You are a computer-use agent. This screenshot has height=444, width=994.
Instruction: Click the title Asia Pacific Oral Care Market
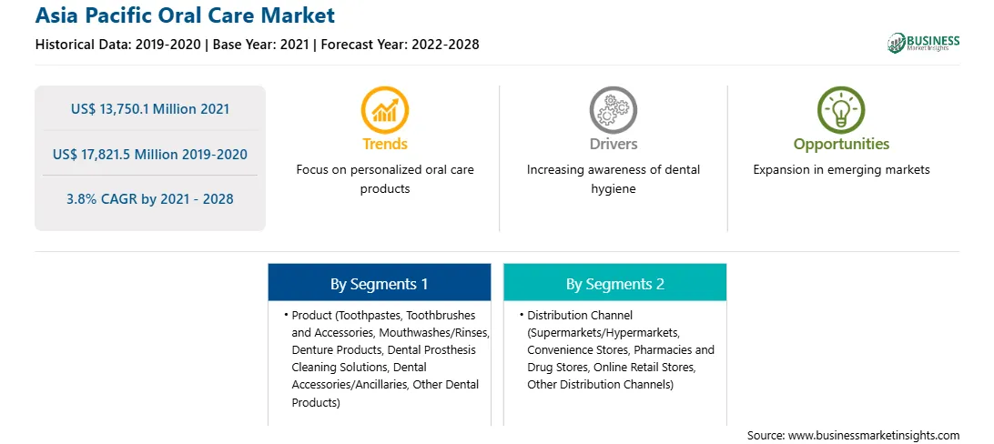185,15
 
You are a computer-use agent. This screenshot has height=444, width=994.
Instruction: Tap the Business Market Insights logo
923,43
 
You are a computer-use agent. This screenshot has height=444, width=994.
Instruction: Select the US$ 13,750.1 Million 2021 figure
150,108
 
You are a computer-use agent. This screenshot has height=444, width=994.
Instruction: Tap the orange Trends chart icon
385,110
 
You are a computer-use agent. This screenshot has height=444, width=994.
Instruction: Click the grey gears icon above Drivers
613,110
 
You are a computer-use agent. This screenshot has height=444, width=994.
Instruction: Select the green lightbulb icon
841,110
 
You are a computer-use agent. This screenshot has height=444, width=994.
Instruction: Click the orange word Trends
385,144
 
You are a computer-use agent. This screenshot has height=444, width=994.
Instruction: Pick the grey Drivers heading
613,144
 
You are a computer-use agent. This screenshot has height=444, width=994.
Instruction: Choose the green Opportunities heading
841,145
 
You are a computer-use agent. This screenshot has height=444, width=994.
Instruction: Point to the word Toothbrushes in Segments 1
441,315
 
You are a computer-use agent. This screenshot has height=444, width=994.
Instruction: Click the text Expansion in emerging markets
841,170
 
